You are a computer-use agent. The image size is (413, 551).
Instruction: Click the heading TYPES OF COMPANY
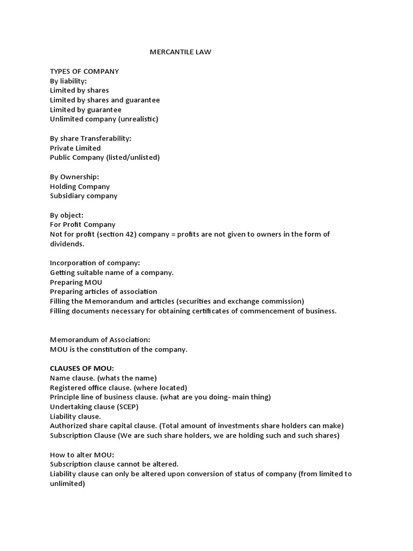(x=84, y=71)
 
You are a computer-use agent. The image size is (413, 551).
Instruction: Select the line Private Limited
(x=75, y=148)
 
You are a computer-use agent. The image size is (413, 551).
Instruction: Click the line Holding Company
(x=80, y=186)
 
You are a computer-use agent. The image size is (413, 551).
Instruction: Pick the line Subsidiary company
(x=83, y=196)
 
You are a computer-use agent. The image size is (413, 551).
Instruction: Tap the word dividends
(x=67, y=244)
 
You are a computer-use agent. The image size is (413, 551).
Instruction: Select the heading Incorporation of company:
(x=95, y=263)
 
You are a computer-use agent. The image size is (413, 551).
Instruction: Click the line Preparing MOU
(x=76, y=282)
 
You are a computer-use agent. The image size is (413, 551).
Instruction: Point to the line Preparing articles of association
(x=103, y=292)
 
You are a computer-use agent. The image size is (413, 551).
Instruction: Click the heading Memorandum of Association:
(x=100, y=340)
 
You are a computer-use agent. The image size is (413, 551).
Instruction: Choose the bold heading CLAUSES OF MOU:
(x=82, y=368)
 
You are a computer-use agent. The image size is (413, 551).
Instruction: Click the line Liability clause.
(x=75, y=416)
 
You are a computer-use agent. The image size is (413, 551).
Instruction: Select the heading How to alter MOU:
(x=82, y=455)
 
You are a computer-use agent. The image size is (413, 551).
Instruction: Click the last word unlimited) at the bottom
(x=67, y=484)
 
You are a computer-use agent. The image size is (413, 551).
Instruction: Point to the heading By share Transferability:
(x=90, y=138)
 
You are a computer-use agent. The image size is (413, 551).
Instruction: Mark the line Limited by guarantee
(x=86, y=110)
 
